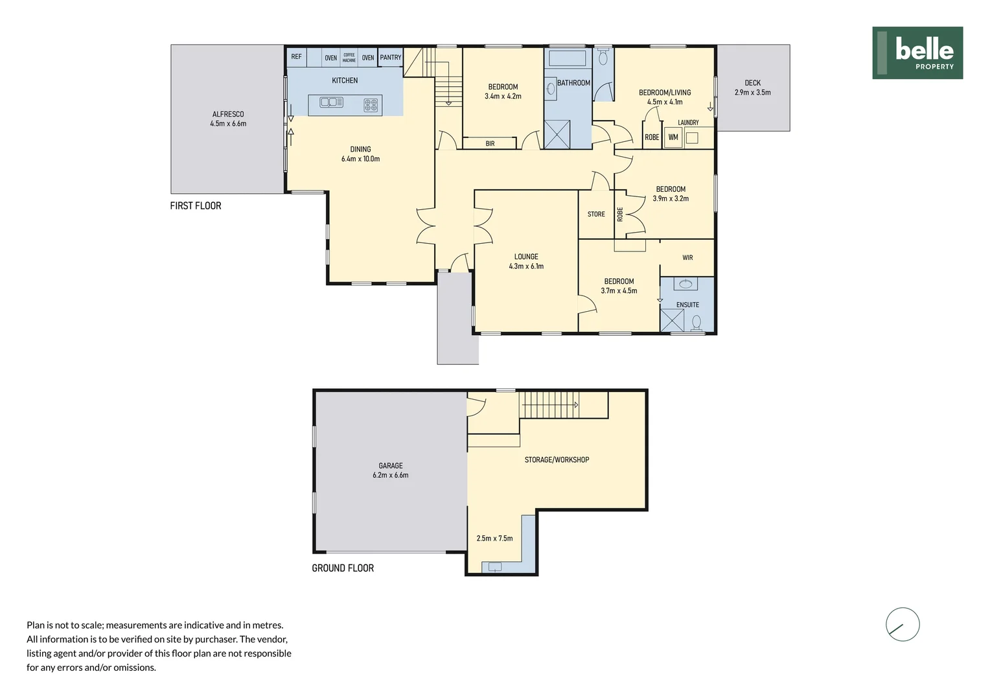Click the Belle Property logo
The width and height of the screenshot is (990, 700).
917,52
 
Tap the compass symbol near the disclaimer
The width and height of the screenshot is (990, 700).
903,624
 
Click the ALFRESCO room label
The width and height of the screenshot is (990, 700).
228,114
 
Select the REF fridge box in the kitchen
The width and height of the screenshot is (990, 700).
297,57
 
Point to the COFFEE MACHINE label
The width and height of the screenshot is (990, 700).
349,58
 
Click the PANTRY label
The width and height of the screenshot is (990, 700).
391,57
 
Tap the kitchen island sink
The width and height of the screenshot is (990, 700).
331,102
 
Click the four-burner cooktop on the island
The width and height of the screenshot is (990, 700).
371,105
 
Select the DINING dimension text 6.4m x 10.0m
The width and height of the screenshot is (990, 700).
361,159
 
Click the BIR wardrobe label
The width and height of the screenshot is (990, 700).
490,143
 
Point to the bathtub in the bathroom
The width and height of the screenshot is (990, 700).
568,58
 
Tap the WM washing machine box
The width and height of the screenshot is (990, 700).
673,137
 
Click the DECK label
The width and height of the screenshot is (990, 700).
753,83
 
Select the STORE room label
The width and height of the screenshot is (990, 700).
596,214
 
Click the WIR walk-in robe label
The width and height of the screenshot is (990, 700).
687,257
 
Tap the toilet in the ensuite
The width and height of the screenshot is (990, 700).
696,322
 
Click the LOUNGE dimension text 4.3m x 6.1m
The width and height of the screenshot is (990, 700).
526,266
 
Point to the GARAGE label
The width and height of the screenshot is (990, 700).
391,465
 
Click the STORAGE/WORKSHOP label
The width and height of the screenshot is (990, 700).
557,460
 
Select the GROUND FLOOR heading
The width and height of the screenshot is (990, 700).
343,568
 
